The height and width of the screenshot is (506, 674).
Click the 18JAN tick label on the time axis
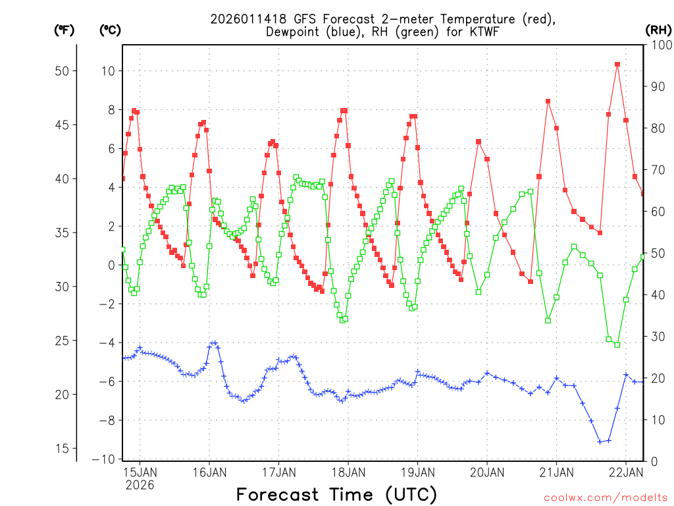348,472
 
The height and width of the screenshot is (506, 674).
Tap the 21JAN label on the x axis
556,472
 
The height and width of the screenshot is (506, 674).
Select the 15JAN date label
140,472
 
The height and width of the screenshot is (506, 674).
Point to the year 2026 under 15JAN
140,485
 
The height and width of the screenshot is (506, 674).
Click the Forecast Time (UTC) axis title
336,494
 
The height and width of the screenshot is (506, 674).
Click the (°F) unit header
64,30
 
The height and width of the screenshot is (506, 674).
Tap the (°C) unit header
110,30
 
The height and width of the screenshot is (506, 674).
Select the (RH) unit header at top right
658,30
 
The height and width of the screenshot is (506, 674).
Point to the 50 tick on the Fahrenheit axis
62,71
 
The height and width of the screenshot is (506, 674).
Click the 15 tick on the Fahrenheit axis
62,448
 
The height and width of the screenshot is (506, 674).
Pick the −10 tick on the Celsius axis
107,459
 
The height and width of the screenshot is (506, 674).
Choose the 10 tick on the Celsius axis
109,71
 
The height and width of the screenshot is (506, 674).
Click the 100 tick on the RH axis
659,45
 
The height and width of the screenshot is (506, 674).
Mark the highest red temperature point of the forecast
617,65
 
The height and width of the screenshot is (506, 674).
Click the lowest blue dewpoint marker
600,441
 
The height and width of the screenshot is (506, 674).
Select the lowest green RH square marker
617,345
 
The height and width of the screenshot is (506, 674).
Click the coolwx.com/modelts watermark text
606,496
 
